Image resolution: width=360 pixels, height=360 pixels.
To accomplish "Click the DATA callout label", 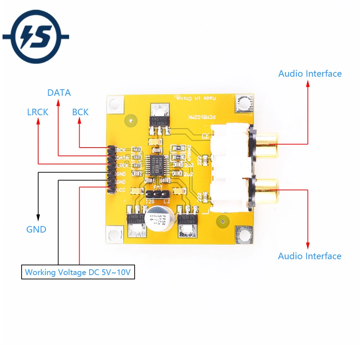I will pos(59,93).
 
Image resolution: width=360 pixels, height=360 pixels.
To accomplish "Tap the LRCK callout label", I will pos(37,112).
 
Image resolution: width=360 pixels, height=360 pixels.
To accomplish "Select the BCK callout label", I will pos(80,112).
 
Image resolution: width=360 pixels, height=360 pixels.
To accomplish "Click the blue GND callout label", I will pos(36,229).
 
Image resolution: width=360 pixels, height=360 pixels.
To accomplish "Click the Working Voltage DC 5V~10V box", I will pos(78,272).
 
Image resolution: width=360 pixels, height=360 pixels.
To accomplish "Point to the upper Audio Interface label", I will pos(310,74).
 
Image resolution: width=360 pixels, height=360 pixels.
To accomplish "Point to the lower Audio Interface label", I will pos(310,256).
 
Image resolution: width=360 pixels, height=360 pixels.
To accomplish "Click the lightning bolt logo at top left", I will pos(36,36).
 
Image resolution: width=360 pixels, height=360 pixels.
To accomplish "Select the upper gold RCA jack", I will pos(265,144).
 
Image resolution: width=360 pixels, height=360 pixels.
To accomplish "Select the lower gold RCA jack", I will pos(265,189).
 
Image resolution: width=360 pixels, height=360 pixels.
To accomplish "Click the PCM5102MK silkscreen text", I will pos(202,118).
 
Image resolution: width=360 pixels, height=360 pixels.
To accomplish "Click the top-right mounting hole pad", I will pos(243,103).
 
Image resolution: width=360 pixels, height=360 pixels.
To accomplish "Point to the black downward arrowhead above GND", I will pos(38,217).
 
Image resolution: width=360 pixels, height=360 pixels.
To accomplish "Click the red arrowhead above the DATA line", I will pos(58,103).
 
